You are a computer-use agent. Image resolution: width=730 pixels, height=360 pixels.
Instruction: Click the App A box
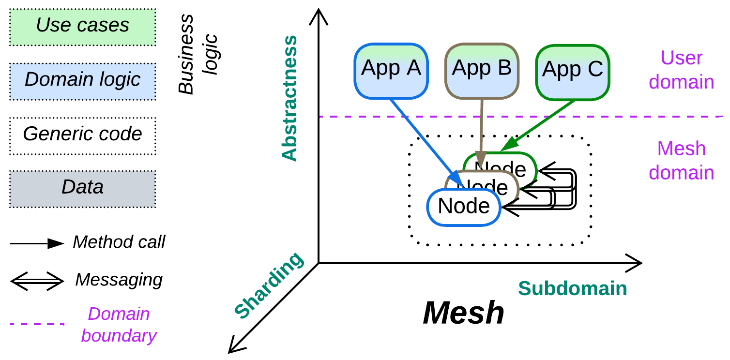point(391,71)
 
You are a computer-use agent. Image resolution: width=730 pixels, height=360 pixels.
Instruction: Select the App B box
point(482,71)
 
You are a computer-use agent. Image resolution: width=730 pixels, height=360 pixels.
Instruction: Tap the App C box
point(572,72)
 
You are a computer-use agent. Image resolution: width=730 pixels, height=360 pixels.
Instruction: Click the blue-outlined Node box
point(464,207)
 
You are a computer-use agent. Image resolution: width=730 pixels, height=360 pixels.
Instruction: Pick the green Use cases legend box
point(83,27)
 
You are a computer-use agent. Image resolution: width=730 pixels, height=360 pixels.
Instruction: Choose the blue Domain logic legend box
point(83,81)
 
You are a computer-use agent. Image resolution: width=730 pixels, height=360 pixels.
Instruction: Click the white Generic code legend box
point(83,135)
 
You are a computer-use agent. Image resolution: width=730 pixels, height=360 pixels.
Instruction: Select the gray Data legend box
point(83,189)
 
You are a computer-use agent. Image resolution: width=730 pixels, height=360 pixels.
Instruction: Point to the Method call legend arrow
point(37,243)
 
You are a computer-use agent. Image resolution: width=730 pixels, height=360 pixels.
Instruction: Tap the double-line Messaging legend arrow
point(37,280)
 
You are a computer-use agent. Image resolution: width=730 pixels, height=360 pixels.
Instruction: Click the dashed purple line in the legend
point(37,324)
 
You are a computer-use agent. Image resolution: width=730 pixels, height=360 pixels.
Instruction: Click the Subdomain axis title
point(572,289)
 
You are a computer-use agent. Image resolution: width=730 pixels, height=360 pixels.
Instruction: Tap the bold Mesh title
point(463,314)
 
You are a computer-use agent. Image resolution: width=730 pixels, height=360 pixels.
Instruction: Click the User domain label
point(681,70)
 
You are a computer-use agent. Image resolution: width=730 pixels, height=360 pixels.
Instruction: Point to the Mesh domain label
point(681,161)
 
